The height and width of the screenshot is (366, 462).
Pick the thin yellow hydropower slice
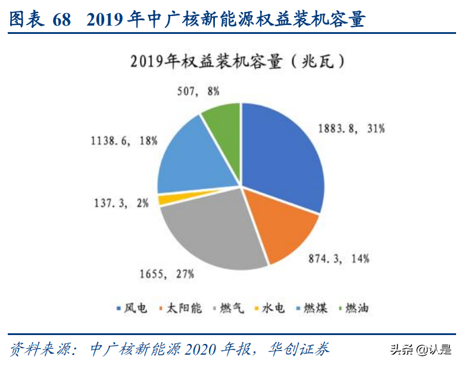click(162, 199)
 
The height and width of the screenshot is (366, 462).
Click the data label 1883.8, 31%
click(352, 128)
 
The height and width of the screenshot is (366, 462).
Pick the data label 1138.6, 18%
click(124, 141)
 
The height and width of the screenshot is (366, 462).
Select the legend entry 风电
click(132, 308)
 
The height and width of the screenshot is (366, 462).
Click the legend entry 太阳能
click(180, 308)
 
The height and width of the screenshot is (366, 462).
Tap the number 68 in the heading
click(61, 21)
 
